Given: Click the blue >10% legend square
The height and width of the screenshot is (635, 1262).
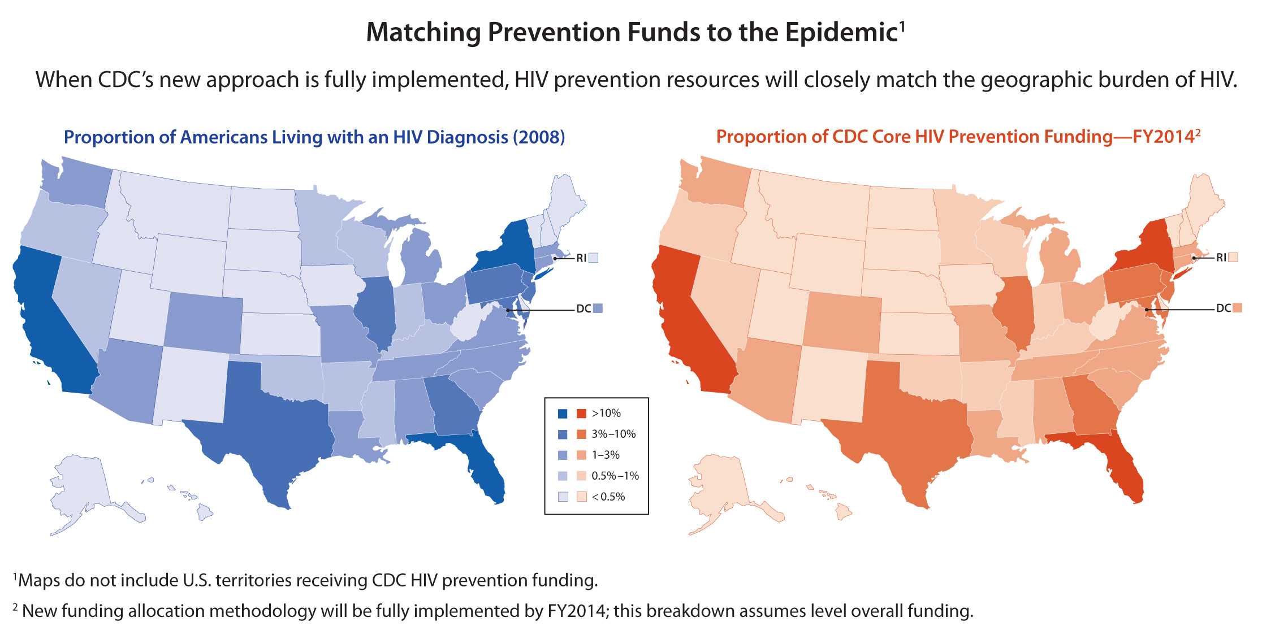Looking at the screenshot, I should click(563, 414).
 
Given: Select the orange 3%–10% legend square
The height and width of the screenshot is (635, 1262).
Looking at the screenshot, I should click(581, 434).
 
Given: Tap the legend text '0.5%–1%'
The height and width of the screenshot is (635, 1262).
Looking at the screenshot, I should click(615, 476).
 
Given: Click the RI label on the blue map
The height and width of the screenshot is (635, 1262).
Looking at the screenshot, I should click(581, 258).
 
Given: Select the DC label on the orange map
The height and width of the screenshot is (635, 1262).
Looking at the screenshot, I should click(1223, 308).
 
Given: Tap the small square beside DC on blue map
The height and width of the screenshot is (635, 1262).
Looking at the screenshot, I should click(598, 308).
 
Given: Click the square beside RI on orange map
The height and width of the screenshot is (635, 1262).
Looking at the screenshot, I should click(1234, 258).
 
